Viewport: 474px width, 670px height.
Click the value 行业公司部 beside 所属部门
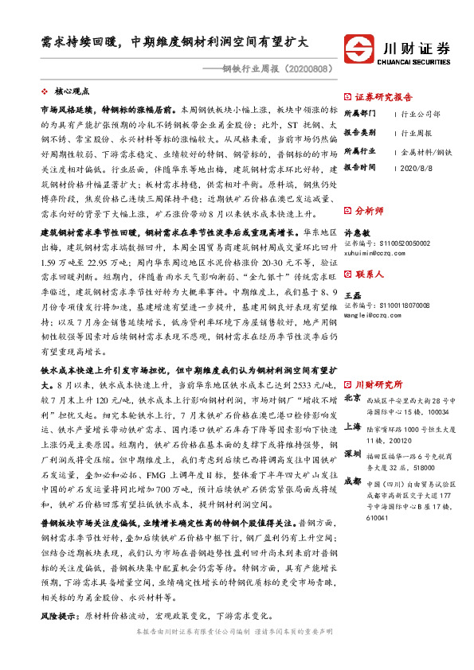tap(421, 115)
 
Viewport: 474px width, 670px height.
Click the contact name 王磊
tap(351, 294)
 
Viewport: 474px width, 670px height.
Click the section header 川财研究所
tap(378, 361)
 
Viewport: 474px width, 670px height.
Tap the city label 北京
tap(351, 379)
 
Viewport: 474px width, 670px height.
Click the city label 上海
tap(351, 404)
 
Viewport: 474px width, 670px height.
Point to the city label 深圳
tap(351, 430)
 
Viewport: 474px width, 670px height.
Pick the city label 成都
tap(351, 458)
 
